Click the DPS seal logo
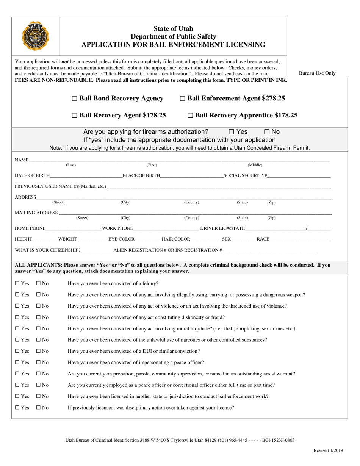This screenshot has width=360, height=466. (x=36, y=36)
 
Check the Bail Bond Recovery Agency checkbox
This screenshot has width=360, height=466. (x=74, y=99)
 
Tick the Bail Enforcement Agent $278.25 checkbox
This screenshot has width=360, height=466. (x=182, y=99)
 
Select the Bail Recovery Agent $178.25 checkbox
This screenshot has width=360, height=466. (x=74, y=116)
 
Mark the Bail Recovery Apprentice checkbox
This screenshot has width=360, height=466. (x=191, y=116)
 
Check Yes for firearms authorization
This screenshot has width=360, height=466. (x=232, y=132)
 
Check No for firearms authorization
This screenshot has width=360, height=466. (x=267, y=132)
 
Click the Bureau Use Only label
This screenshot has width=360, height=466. (x=317, y=73)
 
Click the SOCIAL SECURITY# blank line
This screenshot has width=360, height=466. (x=299, y=175)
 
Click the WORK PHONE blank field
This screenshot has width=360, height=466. (x=166, y=228)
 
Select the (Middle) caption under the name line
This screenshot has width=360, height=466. (x=255, y=165)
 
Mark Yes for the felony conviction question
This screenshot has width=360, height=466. (x=17, y=283)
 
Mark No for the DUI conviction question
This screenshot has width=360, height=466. (x=39, y=351)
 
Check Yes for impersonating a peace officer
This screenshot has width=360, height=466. (x=17, y=363)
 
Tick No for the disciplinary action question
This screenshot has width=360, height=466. (x=39, y=408)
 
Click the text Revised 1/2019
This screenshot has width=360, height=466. (x=328, y=450)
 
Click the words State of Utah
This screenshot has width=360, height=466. (x=173, y=28)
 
